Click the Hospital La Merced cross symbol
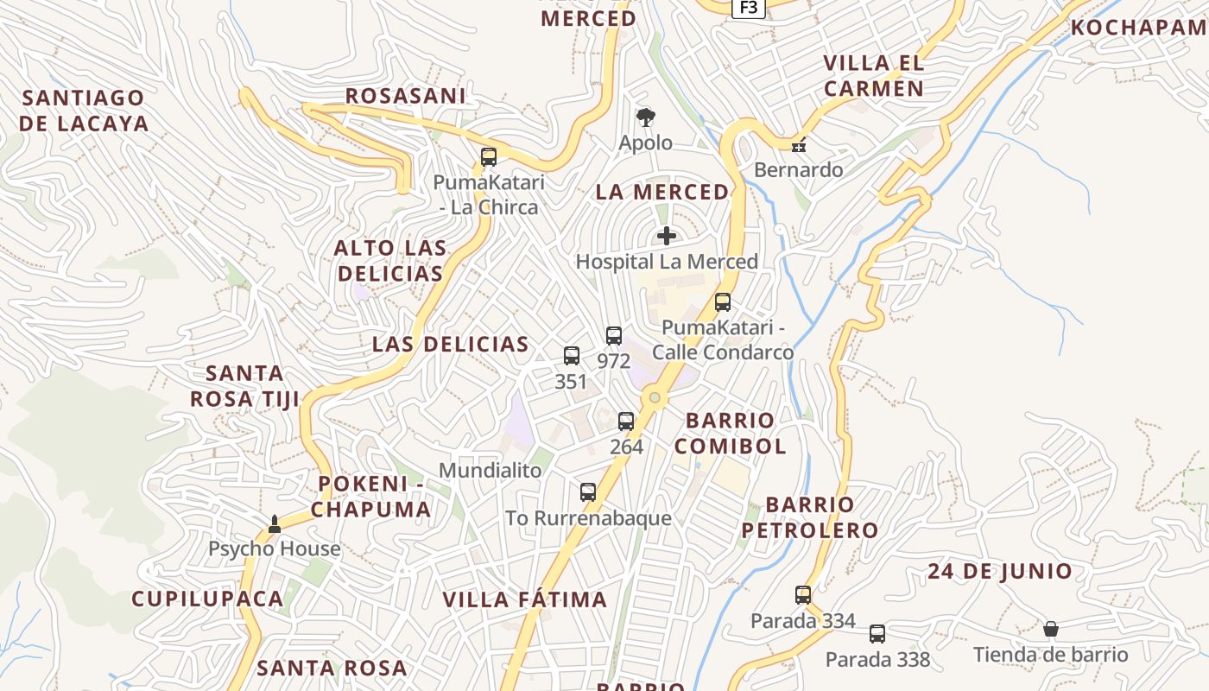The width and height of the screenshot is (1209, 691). [667, 236]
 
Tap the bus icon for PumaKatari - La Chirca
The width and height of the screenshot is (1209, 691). [489, 157]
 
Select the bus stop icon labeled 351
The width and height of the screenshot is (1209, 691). [572, 356]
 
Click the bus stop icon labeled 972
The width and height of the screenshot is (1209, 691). [614, 336]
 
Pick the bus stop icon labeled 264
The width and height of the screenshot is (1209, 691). [626, 422]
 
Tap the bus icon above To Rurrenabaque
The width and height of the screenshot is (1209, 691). [588, 492]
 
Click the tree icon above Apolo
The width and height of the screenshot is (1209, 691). [645, 117]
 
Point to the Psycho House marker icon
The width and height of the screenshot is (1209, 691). [275, 523]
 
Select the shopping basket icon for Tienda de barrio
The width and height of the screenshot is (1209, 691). [1051, 629]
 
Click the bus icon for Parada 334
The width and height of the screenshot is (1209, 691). [803, 595]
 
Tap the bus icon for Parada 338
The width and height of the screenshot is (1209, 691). [877, 634]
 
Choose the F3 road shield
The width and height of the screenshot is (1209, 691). [748, 8]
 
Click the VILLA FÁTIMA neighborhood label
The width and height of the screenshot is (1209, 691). [525, 599]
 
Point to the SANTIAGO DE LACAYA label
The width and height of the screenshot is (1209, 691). [84, 111]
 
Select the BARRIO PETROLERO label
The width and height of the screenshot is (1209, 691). [809, 517]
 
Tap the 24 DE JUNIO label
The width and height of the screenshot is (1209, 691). [1000, 571]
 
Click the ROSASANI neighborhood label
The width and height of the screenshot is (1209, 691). [405, 96]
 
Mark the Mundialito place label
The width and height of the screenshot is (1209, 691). [491, 471]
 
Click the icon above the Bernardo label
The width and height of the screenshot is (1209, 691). [799, 145]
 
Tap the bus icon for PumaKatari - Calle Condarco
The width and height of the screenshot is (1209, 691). [723, 302]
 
